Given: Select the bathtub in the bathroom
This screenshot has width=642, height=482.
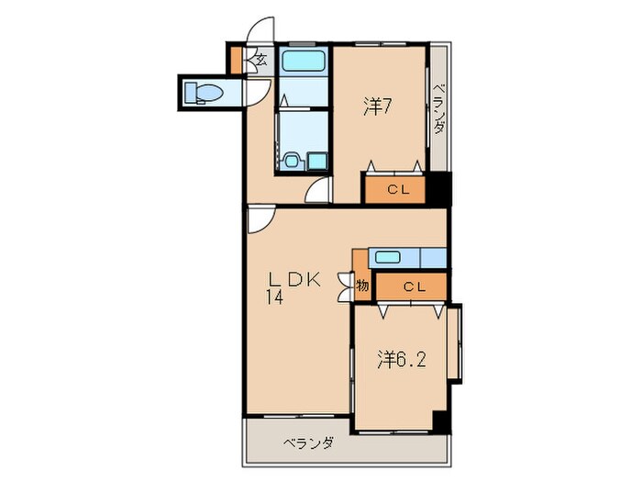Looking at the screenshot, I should click(x=304, y=64).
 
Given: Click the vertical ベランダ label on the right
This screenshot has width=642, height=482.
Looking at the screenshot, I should click(x=439, y=107).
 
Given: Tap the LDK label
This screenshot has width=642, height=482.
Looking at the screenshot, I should click(x=293, y=281).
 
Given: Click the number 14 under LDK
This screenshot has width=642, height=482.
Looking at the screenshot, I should click(x=275, y=297).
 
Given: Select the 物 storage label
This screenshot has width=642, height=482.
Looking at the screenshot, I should click(x=362, y=286).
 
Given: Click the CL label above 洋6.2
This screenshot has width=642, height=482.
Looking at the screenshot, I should click(x=413, y=286).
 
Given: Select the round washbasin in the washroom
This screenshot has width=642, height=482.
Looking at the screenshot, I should click(x=293, y=161).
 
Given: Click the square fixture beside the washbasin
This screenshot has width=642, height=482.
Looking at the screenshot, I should click(x=316, y=161).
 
